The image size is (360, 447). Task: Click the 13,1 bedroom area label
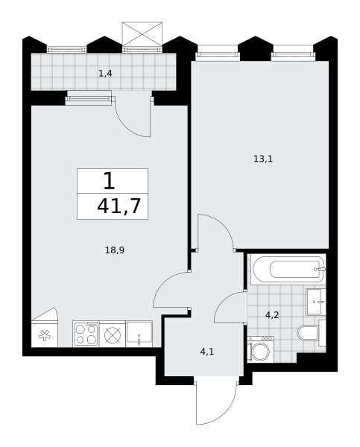click(x=263, y=159)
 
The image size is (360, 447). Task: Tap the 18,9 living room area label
click(x=115, y=250)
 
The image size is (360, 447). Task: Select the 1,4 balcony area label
click(x=105, y=74)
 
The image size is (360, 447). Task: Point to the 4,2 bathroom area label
click(x=272, y=315)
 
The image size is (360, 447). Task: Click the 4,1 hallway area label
click(x=206, y=352)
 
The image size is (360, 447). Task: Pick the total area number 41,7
click(x=119, y=206)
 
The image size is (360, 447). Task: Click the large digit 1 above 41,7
click(x=110, y=181)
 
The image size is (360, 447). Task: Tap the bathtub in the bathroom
click(x=288, y=270)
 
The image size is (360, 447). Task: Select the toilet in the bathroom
click(x=312, y=333)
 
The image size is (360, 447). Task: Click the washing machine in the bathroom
click(x=260, y=349)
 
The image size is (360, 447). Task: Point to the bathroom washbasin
click(x=316, y=302)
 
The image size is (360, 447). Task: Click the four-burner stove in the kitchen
click(x=86, y=334)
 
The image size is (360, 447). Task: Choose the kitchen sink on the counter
click(x=139, y=334)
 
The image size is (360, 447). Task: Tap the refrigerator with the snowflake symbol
click(x=45, y=334)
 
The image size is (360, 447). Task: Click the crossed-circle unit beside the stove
click(x=113, y=334)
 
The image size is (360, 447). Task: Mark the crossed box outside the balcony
click(x=142, y=34)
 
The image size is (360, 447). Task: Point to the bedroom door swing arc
click(x=225, y=223)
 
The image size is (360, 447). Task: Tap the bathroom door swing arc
click(x=223, y=301)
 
